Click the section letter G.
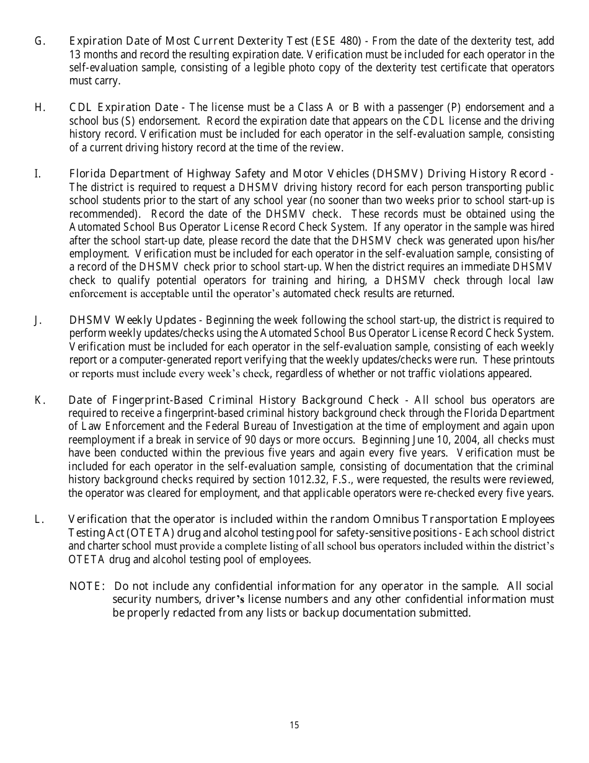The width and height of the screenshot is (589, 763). pos(39,42)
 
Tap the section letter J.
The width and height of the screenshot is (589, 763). pos(38,320)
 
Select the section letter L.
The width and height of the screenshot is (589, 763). pos(38,519)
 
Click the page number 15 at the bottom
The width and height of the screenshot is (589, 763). pos(294,725)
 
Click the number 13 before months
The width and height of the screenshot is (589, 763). pos(75,55)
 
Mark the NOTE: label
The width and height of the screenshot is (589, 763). pos(88,586)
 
